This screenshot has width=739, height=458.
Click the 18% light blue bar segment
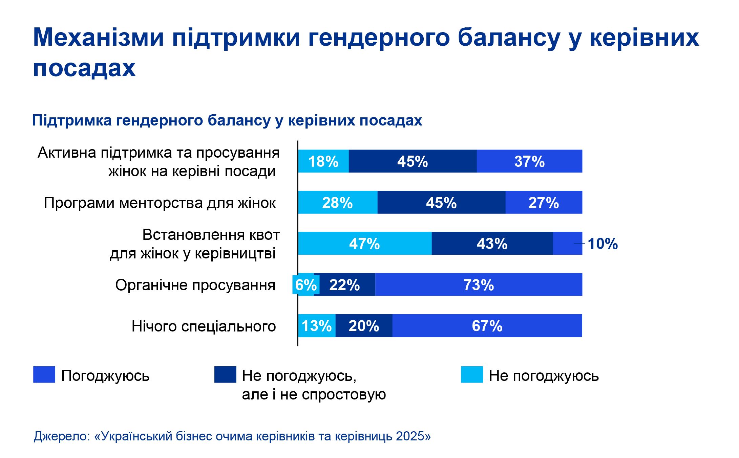pyautogui.click(x=323, y=161)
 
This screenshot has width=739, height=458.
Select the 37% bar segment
pyautogui.click(x=529, y=161)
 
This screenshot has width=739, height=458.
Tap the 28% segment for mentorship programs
pyautogui.click(x=338, y=203)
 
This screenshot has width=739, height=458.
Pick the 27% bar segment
pyautogui.click(x=544, y=203)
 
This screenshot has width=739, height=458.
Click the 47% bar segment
pyautogui.click(x=365, y=244)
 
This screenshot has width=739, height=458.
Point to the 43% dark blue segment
pyautogui.click(x=492, y=244)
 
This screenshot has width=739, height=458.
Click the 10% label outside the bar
pyautogui.click(x=603, y=244)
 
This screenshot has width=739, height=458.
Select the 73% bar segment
pyautogui.click(x=479, y=285)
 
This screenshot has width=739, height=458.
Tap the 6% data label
pyautogui.click(x=306, y=285)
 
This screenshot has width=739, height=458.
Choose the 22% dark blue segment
pyautogui.click(x=344, y=285)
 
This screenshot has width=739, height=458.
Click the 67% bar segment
pyautogui.click(x=487, y=326)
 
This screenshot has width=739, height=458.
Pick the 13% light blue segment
pyautogui.click(x=317, y=326)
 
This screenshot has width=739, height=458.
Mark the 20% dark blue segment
pyautogui.click(x=364, y=326)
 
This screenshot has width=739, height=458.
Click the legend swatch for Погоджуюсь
pyautogui.click(x=44, y=374)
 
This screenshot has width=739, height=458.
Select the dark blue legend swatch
pyautogui.click(x=225, y=374)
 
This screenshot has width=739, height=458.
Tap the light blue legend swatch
pyautogui.click(x=472, y=374)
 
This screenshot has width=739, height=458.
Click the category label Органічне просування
pyautogui.click(x=195, y=285)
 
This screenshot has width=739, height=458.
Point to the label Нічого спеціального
pyautogui.click(x=204, y=326)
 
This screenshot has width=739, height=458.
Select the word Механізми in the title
pyautogui.click(x=99, y=37)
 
